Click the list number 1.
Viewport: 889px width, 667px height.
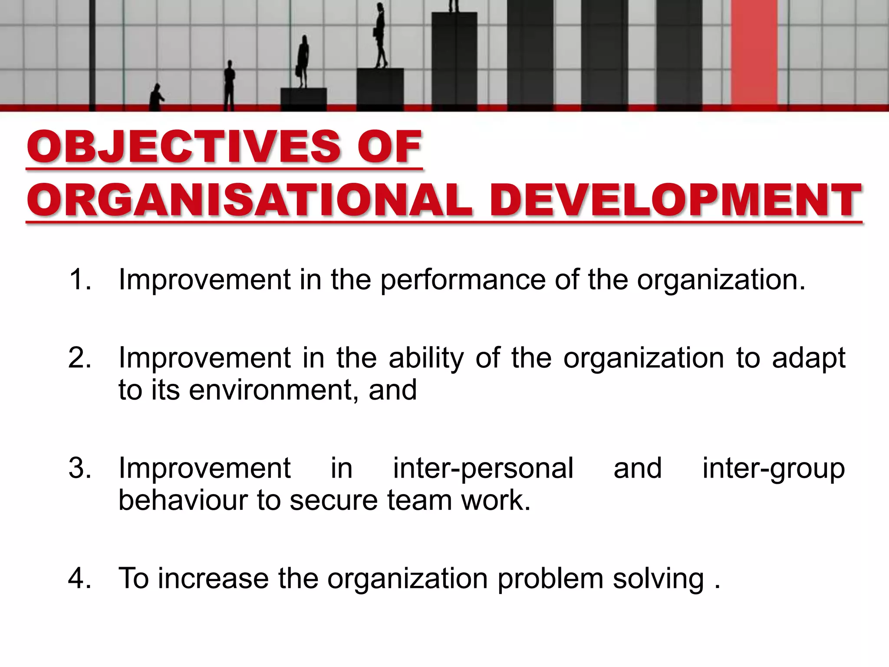click(79, 279)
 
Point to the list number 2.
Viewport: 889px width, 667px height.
click(80, 358)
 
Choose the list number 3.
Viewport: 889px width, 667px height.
click(80, 468)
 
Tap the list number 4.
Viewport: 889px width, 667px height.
click(80, 578)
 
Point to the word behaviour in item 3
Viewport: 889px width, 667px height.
click(182, 500)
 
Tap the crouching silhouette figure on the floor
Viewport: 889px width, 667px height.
click(156, 98)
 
